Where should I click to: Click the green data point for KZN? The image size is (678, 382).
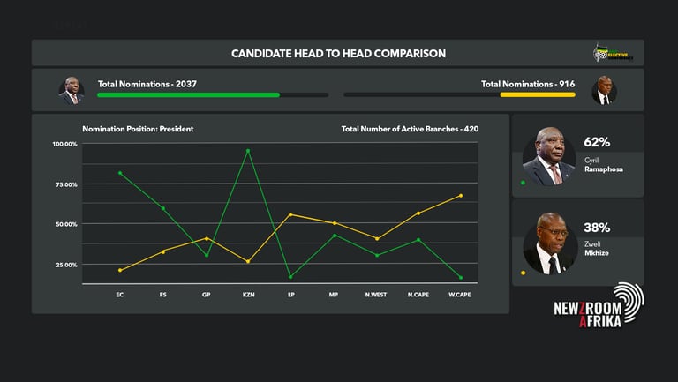pyautogui.click(x=248, y=151)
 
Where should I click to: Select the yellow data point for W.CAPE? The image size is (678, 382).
pyautogui.click(x=461, y=196)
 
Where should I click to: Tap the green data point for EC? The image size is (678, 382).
pyautogui.click(x=120, y=173)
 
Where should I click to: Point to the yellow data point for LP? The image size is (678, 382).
pyautogui.click(x=290, y=214)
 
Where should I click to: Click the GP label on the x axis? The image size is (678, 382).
pyautogui.click(x=206, y=294)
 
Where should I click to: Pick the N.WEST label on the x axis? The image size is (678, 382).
pyautogui.click(x=376, y=294)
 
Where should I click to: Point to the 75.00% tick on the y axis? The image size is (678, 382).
pyautogui.click(x=64, y=184)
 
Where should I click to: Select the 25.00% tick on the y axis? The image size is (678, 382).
pyautogui.click(x=64, y=265)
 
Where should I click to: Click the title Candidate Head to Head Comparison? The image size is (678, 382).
pyautogui.click(x=338, y=54)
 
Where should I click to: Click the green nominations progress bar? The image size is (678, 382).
pyautogui.click(x=188, y=94)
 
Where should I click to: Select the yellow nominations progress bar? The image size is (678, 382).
pyautogui.click(x=537, y=94)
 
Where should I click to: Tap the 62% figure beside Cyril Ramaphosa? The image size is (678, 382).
pyautogui.click(x=597, y=142)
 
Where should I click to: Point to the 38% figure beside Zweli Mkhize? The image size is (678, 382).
pyautogui.click(x=597, y=227)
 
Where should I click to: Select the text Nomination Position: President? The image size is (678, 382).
pyautogui.click(x=138, y=129)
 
